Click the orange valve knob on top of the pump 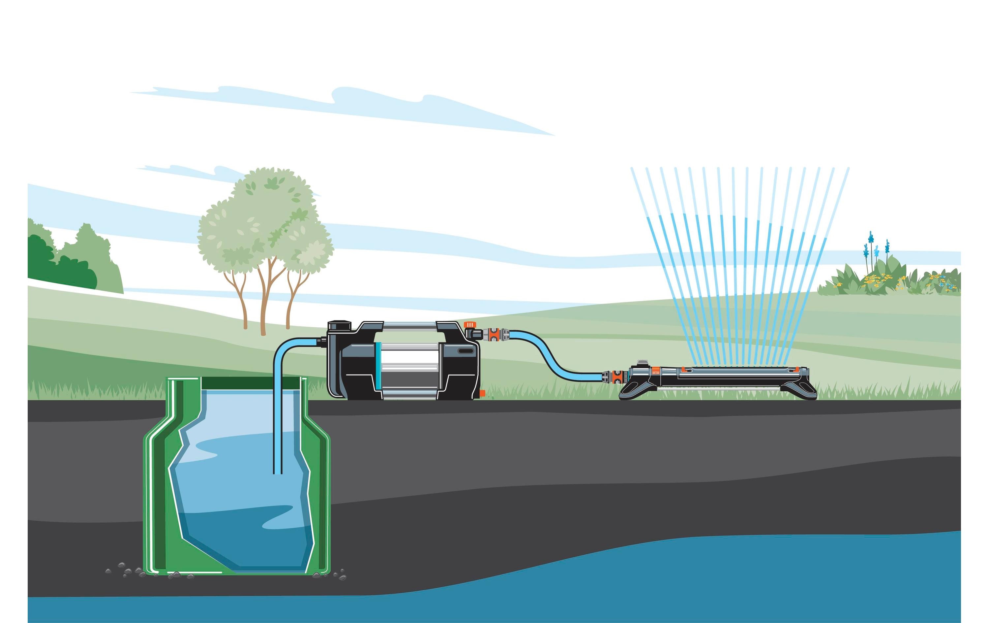(468, 325)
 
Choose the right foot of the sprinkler (805, 391)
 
